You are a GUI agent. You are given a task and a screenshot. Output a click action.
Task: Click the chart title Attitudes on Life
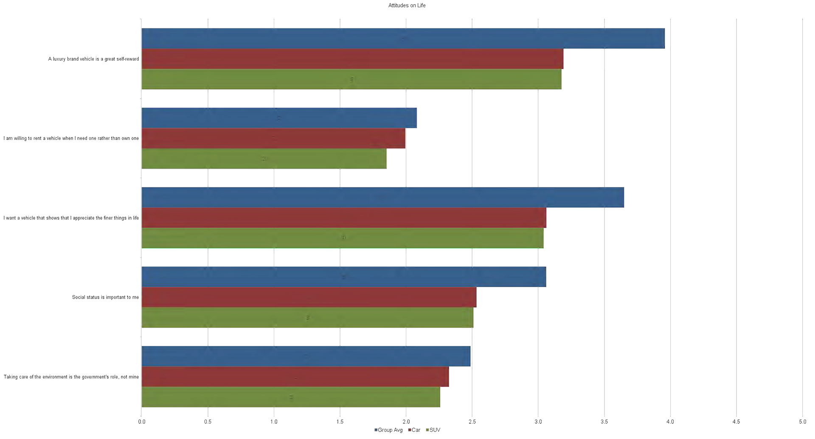click(x=407, y=6)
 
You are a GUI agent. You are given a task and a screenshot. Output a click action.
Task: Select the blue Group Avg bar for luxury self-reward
click(x=403, y=39)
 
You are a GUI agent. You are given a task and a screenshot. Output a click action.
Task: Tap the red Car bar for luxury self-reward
click(x=352, y=59)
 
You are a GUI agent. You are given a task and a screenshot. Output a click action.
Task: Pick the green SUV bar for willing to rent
click(x=264, y=159)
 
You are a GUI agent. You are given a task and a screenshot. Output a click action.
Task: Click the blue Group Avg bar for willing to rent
click(x=279, y=118)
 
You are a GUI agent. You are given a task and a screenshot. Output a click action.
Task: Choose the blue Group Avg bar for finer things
click(x=382, y=197)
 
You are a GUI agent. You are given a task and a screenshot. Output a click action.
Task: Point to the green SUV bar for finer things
click(x=342, y=238)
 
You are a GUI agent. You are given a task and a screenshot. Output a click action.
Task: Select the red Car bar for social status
click(x=309, y=297)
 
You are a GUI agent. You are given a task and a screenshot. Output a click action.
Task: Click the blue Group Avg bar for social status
click(x=343, y=277)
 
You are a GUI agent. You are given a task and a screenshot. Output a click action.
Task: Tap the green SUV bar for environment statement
click(x=291, y=397)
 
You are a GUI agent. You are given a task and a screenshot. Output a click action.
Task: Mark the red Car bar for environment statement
click(x=295, y=377)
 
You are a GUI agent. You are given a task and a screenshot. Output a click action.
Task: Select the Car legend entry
click(x=414, y=430)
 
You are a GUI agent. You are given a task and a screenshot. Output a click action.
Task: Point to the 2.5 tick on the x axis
click(x=472, y=422)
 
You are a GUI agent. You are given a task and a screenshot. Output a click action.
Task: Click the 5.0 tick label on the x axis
click(x=802, y=422)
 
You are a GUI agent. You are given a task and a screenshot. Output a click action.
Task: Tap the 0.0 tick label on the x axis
click(x=142, y=422)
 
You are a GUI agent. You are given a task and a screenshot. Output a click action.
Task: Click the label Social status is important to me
click(x=105, y=297)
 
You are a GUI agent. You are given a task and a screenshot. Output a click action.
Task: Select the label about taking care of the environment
click(x=71, y=377)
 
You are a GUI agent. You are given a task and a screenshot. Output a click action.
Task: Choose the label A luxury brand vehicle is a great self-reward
click(x=93, y=59)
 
